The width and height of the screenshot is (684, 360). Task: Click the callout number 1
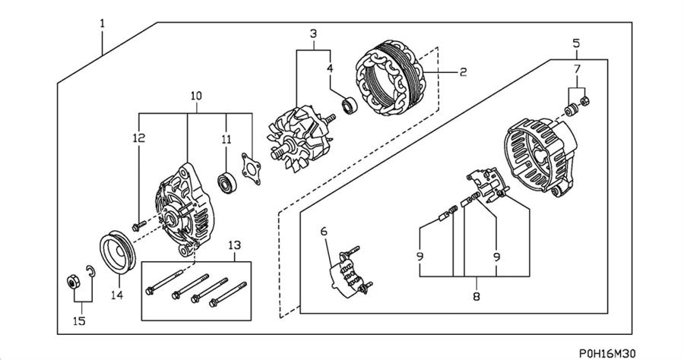[x=102, y=24]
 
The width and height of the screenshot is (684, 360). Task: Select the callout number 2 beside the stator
[x=464, y=71]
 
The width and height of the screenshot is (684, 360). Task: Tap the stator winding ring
[x=391, y=77]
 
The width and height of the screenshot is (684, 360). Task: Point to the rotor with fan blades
[x=300, y=138]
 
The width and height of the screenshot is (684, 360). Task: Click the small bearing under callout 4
[x=349, y=106]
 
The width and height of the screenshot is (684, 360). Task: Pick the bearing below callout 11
[x=226, y=183]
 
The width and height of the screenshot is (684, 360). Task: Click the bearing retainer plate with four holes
[x=252, y=169]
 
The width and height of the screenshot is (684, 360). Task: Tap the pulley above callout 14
[x=119, y=252]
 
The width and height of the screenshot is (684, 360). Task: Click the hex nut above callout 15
[x=73, y=283]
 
